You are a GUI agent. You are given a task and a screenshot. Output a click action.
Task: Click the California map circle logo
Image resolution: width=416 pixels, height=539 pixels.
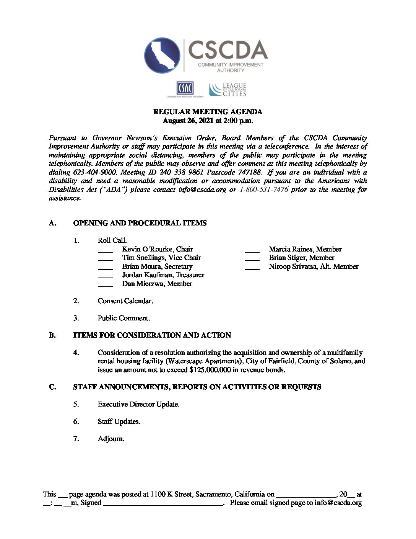[162, 56]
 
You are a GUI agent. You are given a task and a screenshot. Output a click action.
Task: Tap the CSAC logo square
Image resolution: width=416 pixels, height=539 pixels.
[185, 89]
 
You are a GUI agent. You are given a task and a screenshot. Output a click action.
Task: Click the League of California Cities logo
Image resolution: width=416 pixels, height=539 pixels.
[228, 90]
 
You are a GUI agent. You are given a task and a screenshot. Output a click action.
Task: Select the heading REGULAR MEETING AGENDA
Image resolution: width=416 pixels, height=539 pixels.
[208, 112]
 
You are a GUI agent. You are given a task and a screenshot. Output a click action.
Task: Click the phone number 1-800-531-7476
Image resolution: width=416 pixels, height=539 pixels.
[263, 189]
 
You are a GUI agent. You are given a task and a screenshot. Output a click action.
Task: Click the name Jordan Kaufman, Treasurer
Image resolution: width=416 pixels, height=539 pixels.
[163, 275]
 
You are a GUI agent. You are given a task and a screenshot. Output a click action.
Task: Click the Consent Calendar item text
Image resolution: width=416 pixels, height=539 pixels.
[125, 301]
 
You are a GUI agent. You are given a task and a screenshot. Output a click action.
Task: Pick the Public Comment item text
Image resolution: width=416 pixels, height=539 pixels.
[123, 318]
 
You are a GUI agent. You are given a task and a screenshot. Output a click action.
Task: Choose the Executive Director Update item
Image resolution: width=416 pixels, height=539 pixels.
[138, 404]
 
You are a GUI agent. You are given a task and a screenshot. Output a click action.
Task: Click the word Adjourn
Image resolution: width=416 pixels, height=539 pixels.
[111, 439]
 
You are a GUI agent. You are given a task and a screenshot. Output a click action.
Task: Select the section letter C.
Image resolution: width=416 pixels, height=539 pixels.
[52, 387]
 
